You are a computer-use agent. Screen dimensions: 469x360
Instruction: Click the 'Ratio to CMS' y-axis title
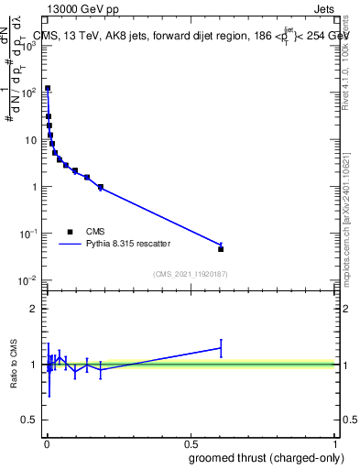[x=15, y=365]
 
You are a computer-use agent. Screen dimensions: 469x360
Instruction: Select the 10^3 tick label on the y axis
[x=29, y=46]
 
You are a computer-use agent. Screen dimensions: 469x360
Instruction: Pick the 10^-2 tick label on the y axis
[x=29, y=280]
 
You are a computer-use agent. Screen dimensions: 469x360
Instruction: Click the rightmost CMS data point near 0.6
[x=221, y=248]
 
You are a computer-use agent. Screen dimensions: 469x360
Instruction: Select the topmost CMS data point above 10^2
[x=48, y=89]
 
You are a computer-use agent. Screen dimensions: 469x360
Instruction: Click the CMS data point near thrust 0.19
[x=101, y=187]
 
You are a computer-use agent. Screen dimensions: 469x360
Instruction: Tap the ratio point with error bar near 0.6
[x=221, y=348]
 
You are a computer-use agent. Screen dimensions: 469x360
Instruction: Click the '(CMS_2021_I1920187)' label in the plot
[x=190, y=274]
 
